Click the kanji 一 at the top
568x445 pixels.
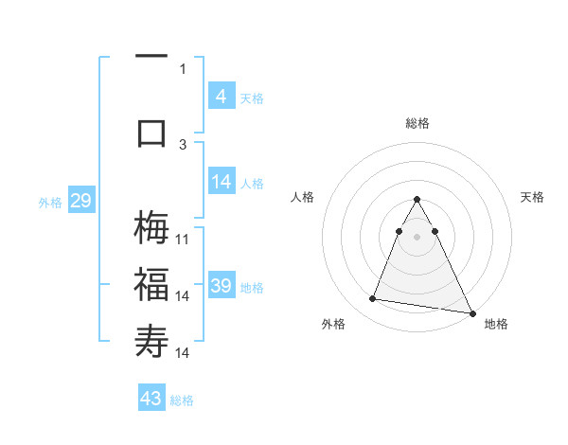(x=152, y=58)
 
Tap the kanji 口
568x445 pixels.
(x=152, y=133)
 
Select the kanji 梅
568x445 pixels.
(x=152, y=228)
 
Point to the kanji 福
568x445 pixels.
(x=152, y=284)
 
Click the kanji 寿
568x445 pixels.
(x=152, y=340)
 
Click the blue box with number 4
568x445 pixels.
(x=221, y=97)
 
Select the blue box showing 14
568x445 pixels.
(x=221, y=182)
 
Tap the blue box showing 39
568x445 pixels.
(x=221, y=286)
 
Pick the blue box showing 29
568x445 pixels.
(x=80, y=201)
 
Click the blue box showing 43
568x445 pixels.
(x=151, y=399)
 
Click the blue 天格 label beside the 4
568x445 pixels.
(x=251, y=98)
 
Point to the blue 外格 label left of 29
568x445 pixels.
(x=50, y=203)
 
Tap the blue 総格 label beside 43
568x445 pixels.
(x=182, y=400)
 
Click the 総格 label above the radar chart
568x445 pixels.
(x=417, y=123)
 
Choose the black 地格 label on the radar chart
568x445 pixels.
(x=496, y=324)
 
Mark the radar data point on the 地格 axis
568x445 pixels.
(x=471, y=314)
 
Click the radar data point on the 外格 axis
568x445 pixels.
(x=372, y=299)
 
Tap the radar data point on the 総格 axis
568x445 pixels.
(x=417, y=200)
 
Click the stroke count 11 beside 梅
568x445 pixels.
(x=183, y=240)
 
